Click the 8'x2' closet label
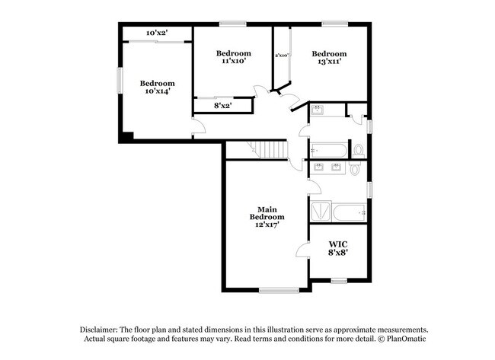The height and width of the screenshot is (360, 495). (x=222, y=107)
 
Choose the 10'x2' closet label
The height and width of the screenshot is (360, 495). (x=156, y=33)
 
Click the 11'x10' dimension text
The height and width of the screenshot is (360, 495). (x=233, y=61)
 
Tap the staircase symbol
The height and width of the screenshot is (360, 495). (x=269, y=149)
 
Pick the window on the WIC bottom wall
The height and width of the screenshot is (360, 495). (x=340, y=282)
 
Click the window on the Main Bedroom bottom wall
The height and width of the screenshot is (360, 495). (x=279, y=289)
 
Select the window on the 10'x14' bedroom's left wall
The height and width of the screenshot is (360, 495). (x=120, y=81)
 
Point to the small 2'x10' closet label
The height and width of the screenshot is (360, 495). (x=281, y=55)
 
